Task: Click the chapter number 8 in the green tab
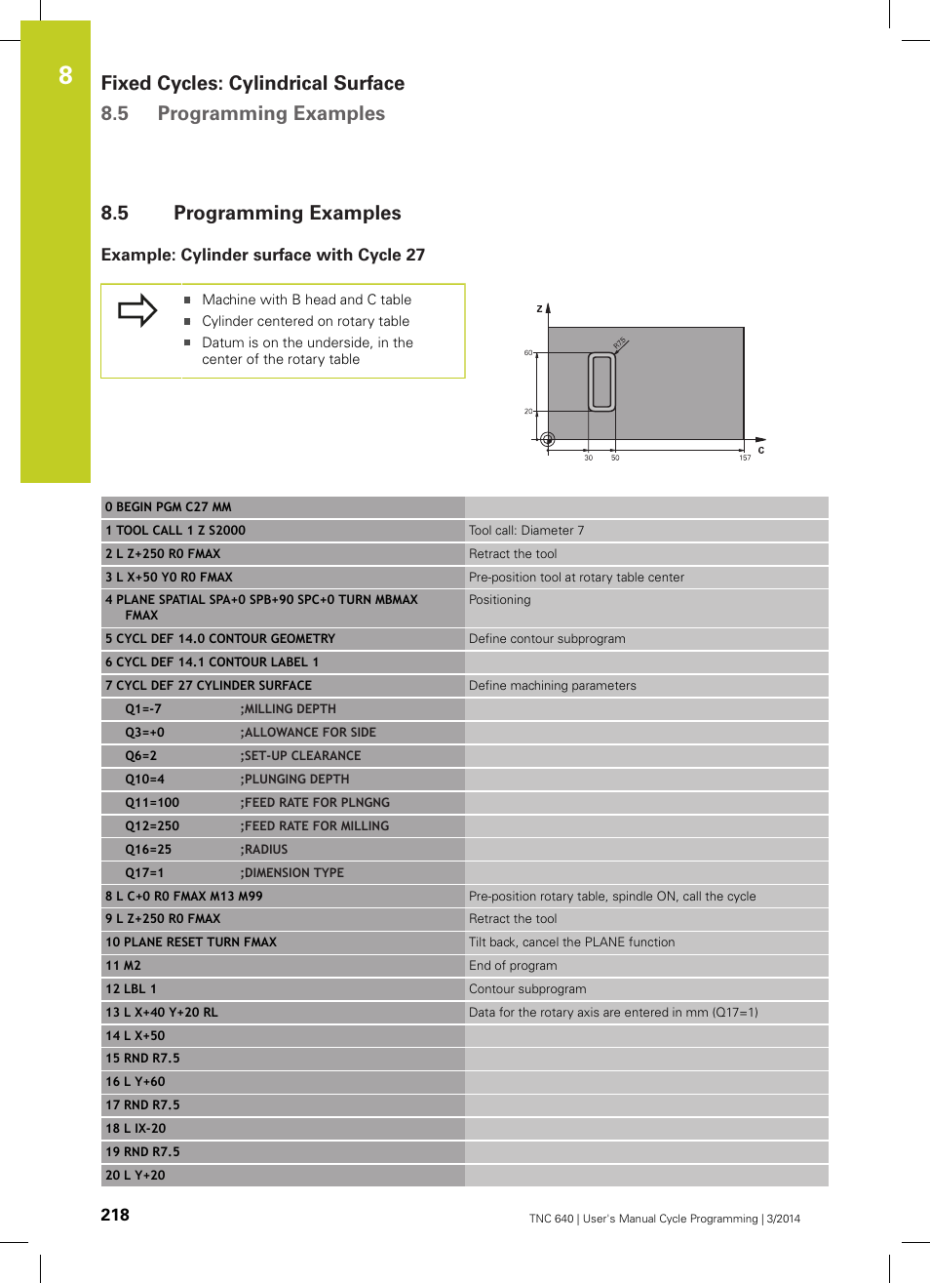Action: coord(65,75)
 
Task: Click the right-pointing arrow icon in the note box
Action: coord(137,310)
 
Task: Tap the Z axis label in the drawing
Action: coord(539,308)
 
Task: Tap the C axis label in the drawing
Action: coord(761,450)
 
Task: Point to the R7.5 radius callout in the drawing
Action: coord(620,343)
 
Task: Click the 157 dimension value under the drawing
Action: coord(745,458)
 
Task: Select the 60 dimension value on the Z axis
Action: coord(528,352)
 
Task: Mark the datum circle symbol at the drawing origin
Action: coord(548,439)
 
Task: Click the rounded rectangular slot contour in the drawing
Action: coord(602,381)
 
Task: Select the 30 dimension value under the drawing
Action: coord(589,458)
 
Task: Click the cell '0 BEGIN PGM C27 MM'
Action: coord(169,507)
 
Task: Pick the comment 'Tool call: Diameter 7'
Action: coord(526,531)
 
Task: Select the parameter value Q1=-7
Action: coord(143,709)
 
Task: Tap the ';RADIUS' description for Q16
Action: coord(264,850)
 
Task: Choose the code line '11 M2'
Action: coord(124,966)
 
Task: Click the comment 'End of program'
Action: coord(513,966)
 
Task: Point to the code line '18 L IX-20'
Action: coord(136,1129)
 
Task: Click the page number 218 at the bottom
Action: coord(115,1215)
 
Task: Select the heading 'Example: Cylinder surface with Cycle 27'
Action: coord(263,255)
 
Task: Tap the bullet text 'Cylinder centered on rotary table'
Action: coord(305,321)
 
